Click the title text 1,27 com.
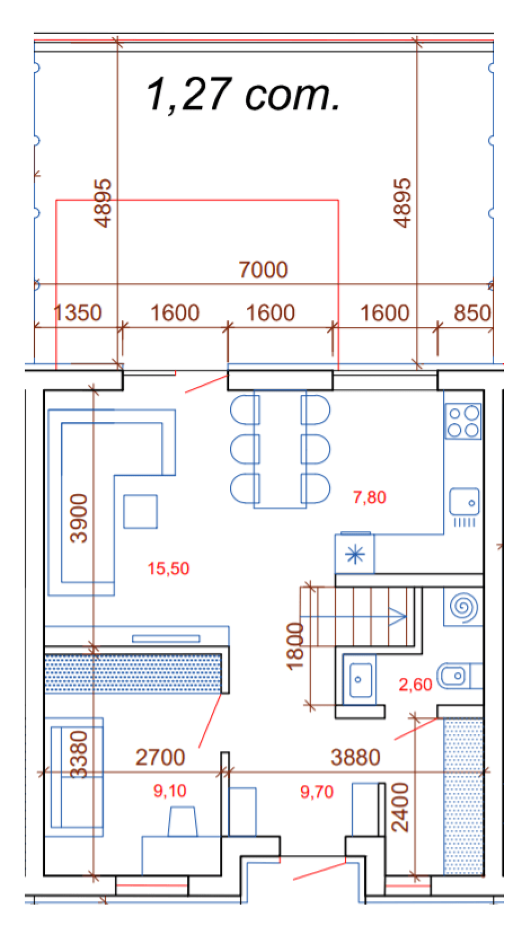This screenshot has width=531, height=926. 243,95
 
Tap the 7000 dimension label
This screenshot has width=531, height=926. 263,270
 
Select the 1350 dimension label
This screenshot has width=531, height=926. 78,313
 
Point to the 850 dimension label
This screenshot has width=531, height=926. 472,313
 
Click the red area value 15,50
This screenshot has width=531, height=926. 168,568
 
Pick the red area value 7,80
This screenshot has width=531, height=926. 370,497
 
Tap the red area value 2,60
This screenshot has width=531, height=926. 415,684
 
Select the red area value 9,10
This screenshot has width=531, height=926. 170,791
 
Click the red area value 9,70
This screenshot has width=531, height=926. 317,792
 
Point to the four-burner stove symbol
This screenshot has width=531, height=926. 463,421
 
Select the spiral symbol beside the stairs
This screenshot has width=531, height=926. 464,607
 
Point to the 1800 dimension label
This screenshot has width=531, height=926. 295,646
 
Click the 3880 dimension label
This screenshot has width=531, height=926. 355,757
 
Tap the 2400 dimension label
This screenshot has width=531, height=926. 400,807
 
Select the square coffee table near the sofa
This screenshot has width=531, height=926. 140,512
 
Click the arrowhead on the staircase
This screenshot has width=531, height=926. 398,617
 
